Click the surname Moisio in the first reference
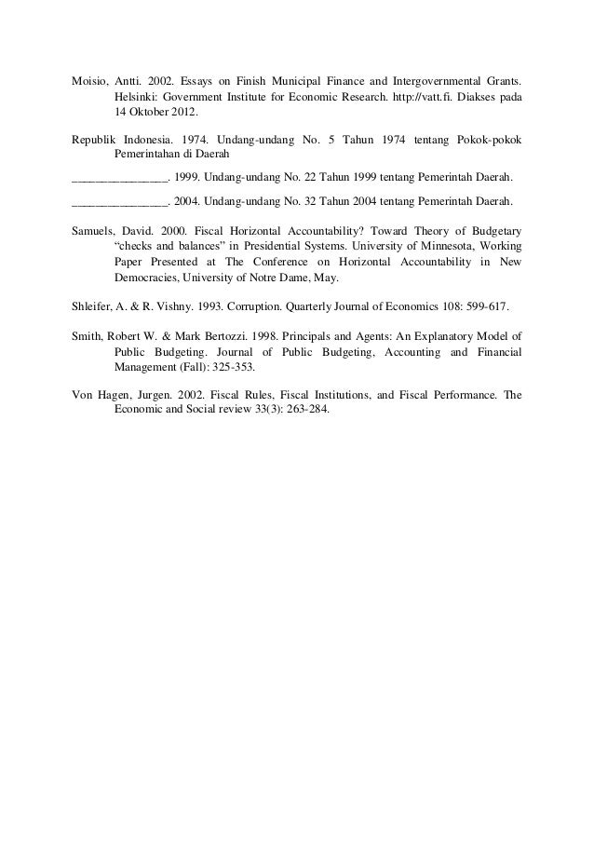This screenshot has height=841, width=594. coord(89,79)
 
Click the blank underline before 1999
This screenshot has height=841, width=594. coord(118,178)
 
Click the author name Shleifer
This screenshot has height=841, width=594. coord(94,305)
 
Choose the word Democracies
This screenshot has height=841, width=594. coord(147,278)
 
